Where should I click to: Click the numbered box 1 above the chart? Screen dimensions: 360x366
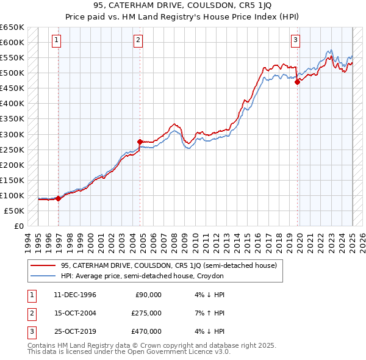coord(56,41)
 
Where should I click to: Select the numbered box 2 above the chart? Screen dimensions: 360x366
coord(138,41)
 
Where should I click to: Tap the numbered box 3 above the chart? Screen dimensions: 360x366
coord(295,41)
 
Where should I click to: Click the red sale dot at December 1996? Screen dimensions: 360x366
coord(58,198)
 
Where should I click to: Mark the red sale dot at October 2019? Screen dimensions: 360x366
coord(297,82)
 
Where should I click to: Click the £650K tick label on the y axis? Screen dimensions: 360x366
coord(13,27)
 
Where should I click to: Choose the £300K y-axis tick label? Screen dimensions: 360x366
coord(13,134)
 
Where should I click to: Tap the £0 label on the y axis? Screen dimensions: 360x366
coord(18,226)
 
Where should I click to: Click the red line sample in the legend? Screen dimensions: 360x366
coord(42,265)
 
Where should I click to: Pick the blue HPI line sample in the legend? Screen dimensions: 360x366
coord(42,276)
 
